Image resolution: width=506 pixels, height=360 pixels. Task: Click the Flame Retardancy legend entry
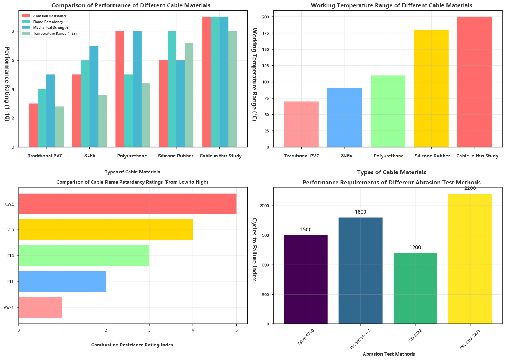48,22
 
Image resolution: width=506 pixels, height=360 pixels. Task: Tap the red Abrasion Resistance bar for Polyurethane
120,89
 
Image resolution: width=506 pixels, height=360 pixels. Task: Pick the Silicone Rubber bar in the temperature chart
431,88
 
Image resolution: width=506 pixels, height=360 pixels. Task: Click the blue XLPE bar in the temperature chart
345,118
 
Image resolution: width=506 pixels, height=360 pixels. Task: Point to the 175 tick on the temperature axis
265,33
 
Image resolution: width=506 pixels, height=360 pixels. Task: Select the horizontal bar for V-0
106,230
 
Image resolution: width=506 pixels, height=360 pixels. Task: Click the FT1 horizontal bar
62,282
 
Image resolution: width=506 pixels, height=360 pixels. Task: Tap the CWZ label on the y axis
9,204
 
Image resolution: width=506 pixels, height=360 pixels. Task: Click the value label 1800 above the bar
360,212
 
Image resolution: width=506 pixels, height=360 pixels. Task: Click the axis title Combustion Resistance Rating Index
132,345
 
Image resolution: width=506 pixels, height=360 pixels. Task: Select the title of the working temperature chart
391,5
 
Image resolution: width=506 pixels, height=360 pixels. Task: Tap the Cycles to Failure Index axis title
254,249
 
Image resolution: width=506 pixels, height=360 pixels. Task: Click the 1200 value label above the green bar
415,248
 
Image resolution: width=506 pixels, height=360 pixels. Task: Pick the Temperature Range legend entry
55,34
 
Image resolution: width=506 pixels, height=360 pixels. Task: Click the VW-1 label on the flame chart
9,307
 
